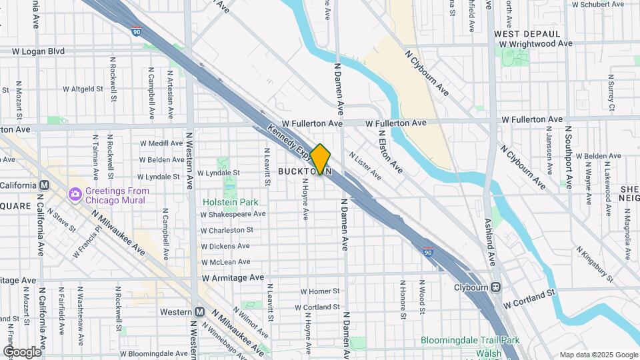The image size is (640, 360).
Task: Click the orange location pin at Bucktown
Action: (320, 159)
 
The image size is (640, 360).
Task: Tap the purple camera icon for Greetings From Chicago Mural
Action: (75, 194)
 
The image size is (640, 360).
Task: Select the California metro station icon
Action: (45, 185)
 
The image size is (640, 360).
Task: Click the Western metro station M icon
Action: (199, 312)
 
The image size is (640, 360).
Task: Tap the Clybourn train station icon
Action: (495, 287)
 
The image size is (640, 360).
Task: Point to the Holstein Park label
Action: (231, 201)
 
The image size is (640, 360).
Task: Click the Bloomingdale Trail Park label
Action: (470, 340)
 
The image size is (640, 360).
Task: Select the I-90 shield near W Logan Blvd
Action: (136, 31)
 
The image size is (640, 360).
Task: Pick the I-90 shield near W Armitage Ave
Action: (427, 253)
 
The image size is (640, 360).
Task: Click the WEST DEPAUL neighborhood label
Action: (527, 33)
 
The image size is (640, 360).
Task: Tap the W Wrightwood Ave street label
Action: (536, 43)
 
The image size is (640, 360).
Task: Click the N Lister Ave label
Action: (364, 169)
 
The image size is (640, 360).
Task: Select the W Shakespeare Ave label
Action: (233, 214)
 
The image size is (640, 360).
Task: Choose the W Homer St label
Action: (320, 291)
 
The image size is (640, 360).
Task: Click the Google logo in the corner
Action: (22, 351)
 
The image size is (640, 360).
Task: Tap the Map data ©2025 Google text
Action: (597, 355)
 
